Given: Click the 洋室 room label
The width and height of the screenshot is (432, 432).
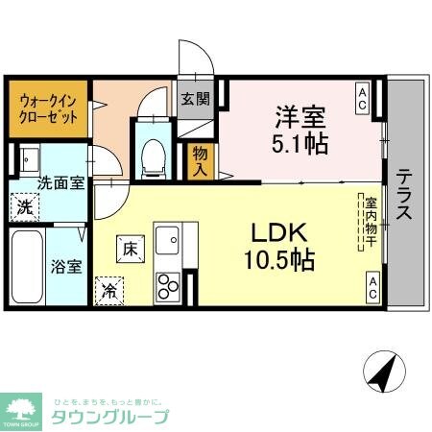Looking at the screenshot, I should coord(299,116).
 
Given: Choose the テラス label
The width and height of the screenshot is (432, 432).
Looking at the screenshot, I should coord(402,195).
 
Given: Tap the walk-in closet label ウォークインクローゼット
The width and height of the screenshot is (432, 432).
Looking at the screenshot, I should coord(46,112).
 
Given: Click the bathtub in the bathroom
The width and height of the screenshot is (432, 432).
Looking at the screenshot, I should coord(27,265).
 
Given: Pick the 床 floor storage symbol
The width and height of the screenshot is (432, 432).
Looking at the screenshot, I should coord(128,248).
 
